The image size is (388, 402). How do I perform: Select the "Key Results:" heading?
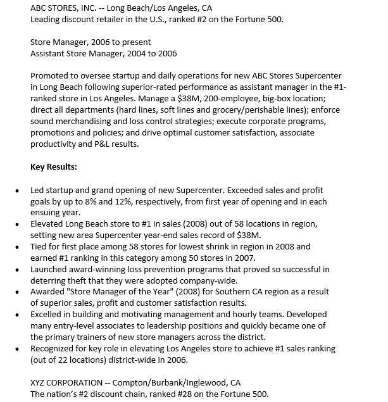[54, 167]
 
